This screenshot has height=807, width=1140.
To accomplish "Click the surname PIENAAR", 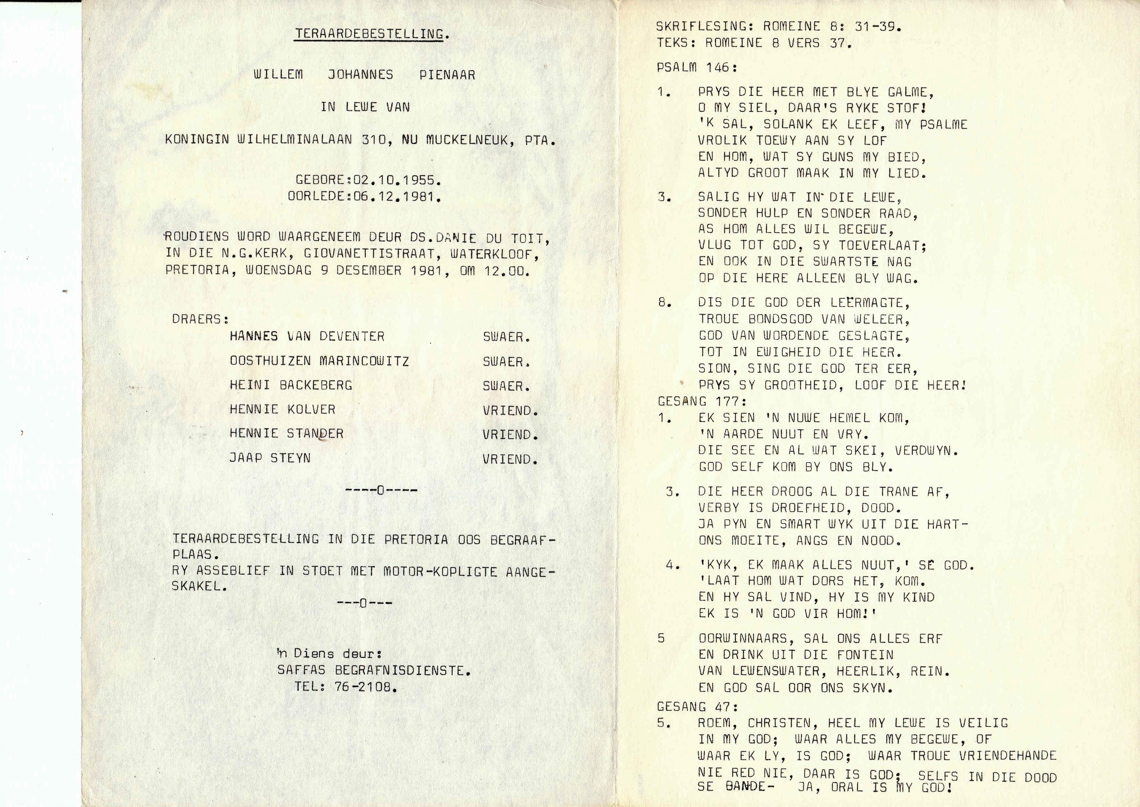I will click(447, 75).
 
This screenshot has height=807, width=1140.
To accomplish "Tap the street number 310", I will click(374, 140).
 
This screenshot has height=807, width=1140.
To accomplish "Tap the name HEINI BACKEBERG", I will click(291, 385).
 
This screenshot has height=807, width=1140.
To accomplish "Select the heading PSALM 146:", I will click(697, 67).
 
